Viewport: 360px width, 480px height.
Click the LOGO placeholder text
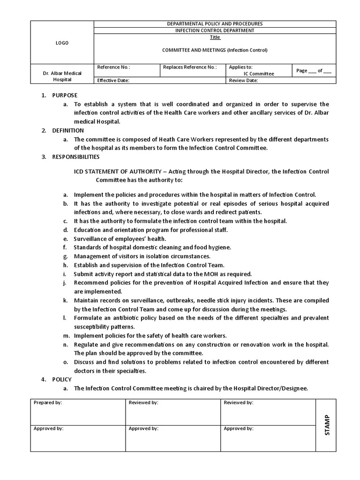pyautogui.click(x=62, y=43)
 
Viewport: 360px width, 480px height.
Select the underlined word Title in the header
pyautogui.click(x=215, y=37)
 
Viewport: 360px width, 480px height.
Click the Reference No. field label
pyautogui.click(x=113, y=67)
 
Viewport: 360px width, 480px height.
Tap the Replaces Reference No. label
pyautogui.click(x=190, y=67)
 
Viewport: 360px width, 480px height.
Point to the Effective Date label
pyautogui.click(x=113, y=80)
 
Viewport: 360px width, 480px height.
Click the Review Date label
pyautogui.click(x=243, y=80)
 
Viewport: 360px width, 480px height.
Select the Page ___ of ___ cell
pyautogui.click(x=314, y=71)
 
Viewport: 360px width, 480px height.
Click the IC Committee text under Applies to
pyautogui.click(x=259, y=74)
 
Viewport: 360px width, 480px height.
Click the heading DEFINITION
pyautogui.click(x=68, y=130)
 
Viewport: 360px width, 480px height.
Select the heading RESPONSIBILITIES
pyautogui.click(x=75, y=157)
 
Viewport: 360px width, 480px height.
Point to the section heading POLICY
pyautogui.click(x=62, y=379)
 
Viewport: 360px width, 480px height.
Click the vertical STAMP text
pyautogui.click(x=327, y=425)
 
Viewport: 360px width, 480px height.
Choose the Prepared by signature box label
pyautogui.click(x=47, y=403)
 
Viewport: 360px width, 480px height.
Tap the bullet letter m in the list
pyautogui.click(x=66, y=336)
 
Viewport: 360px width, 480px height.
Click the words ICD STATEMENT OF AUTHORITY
pyautogui.click(x=112, y=171)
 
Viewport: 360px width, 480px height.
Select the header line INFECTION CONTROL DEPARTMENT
pyautogui.click(x=215, y=30)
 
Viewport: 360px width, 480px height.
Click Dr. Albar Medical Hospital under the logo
pyautogui.click(x=62, y=76)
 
